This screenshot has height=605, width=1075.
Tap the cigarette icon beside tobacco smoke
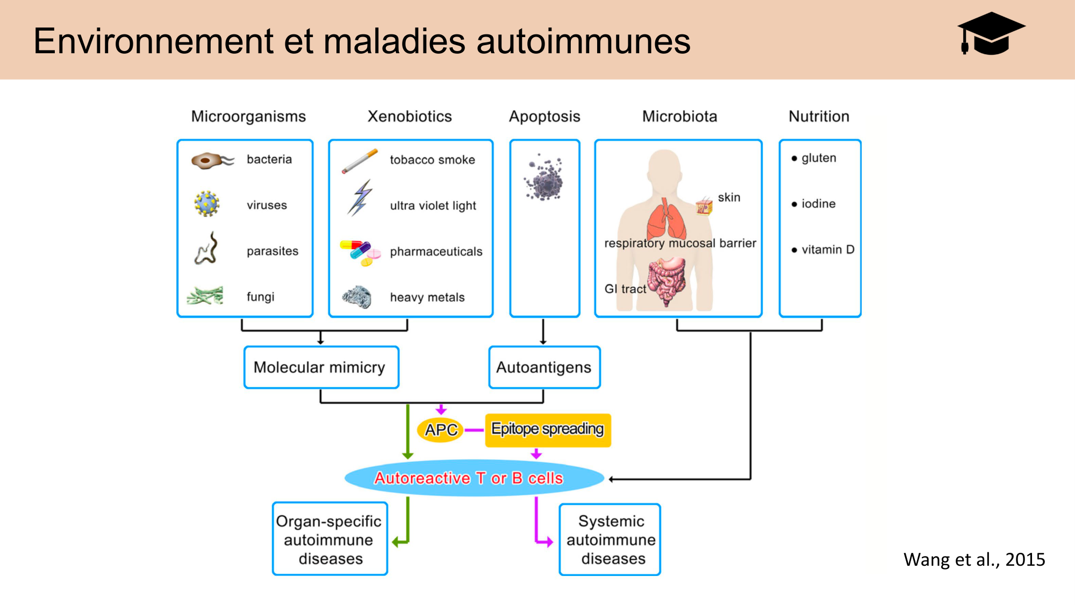click(x=360, y=161)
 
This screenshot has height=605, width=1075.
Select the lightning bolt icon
click(x=360, y=198)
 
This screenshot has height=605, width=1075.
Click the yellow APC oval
click(x=441, y=430)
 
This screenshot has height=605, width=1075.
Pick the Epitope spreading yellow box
click(x=548, y=430)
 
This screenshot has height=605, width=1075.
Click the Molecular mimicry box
click(x=321, y=367)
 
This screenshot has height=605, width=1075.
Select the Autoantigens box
click(x=544, y=367)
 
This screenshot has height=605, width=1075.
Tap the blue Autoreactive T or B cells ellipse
click(x=473, y=478)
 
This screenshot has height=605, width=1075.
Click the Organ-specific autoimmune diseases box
click(x=329, y=539)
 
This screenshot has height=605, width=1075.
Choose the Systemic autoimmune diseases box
click(x=610, y=539)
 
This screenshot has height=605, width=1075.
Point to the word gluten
click(x=819, y=158)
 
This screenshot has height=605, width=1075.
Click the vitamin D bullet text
click(x=827, y=250)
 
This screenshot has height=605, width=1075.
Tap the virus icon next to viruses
click(x=206, y=204)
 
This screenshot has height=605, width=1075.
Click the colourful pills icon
click(x=360, y=252)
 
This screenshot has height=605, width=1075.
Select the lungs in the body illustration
click(x=666, y=220)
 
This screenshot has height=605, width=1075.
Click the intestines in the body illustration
click(x=667, y=280)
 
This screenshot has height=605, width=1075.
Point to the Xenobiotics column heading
click(x=410, y=116)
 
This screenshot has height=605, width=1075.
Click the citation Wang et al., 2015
click(x=974, y=560)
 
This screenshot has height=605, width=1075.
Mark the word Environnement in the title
click(x=154, y=41)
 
